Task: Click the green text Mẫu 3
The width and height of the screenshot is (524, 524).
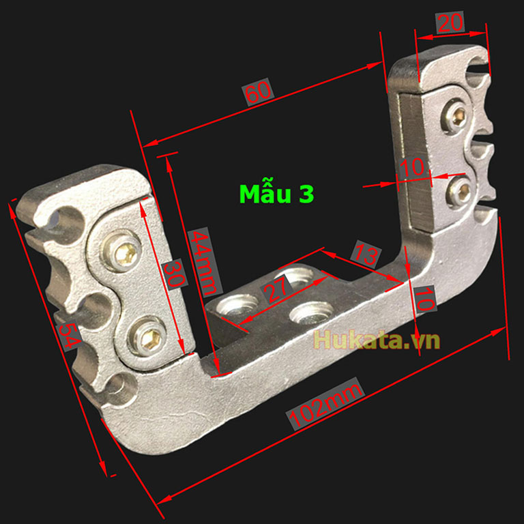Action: click(x=277, y=194)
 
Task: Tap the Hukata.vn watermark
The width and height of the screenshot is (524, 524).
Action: click(x=377, y=340)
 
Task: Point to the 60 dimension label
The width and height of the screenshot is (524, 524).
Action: click(x=258, y=92)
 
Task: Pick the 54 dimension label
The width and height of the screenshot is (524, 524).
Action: click(x=69, y=336)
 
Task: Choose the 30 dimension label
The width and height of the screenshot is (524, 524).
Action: click(x=174, y=274)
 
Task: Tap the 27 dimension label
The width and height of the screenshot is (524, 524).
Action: click(x=276, y=289)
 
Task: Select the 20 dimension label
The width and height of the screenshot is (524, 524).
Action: click(x=450, y=23)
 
